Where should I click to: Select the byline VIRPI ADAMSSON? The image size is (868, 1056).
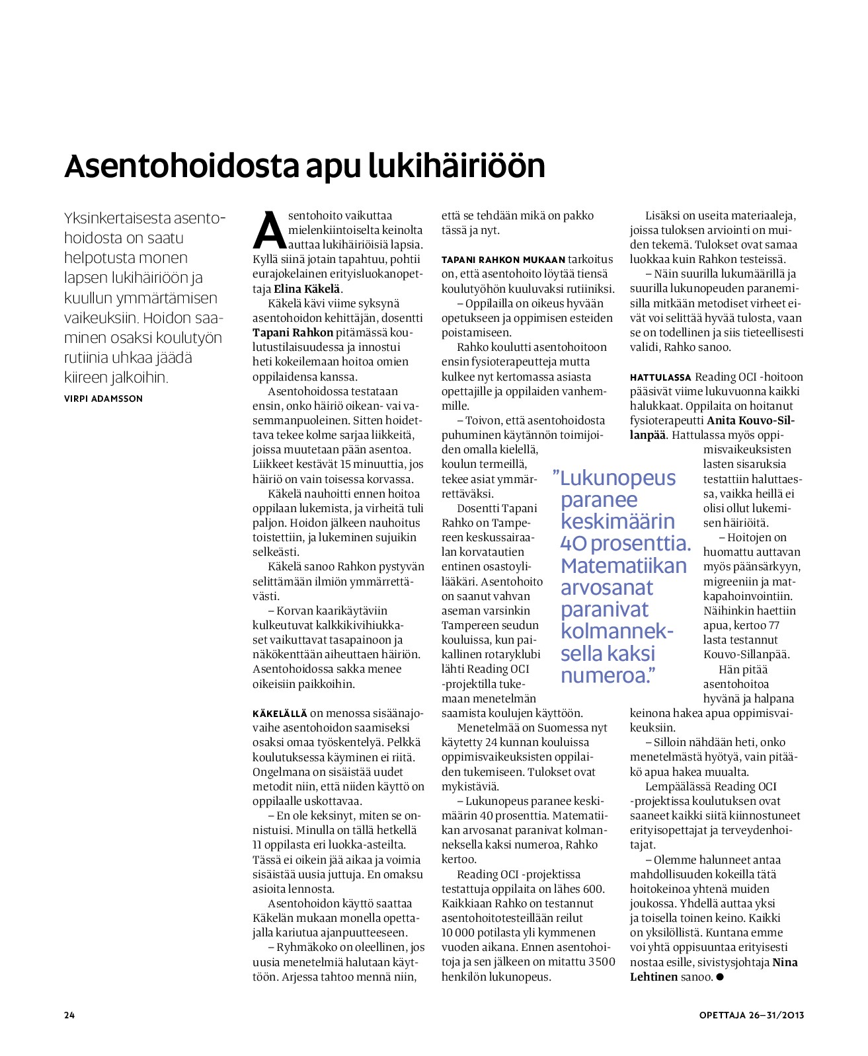pyautogui.click(x=103, y=398)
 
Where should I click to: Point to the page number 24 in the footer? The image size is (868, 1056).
pyautogui.click(x=69, y=1015)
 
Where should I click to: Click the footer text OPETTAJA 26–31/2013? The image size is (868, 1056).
pyautogui.click(x=752, y=1015)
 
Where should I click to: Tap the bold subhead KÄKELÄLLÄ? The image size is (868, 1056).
pyautogui.click(x=280, y=714)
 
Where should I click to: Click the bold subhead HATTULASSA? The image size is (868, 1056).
pyautogui.click(x=660, y=377)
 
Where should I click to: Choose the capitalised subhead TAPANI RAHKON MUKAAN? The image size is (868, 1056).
pyautogui.click(x=504, y=260)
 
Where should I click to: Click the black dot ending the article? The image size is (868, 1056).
pyautogui.click(x=720, y=977)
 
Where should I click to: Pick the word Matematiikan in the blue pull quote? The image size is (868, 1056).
pyautogui.click(x=623, y=566)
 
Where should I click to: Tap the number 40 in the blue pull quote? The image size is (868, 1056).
pyautogui.click(x=573, y=544)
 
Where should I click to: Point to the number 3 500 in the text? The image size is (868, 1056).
pyautogui.click(x=602, y=962)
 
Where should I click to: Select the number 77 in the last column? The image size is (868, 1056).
pyautogui.click(x=773, y=625)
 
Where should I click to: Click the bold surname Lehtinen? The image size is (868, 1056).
pyautogui.click(x=654, y=977)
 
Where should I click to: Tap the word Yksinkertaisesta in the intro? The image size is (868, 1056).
pyautogui.click(x=118, y=218)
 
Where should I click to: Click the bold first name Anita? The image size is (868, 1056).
pyautogui.click(x=722, y=421)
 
